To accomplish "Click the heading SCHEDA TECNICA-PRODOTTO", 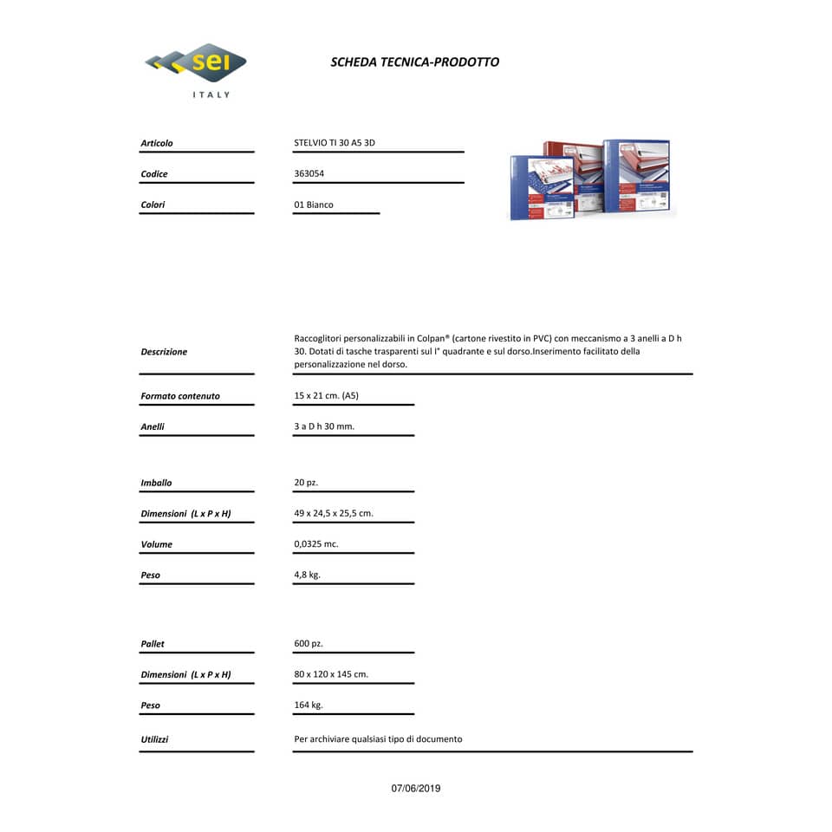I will (414, 62).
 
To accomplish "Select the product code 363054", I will (309, 173).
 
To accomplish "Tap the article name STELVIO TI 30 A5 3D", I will (335, 143).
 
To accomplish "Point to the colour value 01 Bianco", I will (314, 205).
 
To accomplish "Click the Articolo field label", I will (157, 143).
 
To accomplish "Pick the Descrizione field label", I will (164, 352).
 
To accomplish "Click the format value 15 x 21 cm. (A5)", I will (326, 396).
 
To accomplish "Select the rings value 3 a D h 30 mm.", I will (324, 426).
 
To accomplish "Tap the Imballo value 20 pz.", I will (306, 483).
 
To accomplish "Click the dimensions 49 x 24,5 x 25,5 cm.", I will (334, 513).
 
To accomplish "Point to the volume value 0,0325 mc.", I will (316, 544).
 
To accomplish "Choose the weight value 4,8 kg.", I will (307, 575).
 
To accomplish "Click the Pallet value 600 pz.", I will (309, 644).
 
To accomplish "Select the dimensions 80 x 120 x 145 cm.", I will (331, 674).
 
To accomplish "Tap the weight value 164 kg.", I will (309, 705).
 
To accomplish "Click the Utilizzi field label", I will (155, 739).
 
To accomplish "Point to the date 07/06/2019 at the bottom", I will (416, 789).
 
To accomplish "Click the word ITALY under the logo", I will (211, 94).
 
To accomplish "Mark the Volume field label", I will (157, 544).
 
